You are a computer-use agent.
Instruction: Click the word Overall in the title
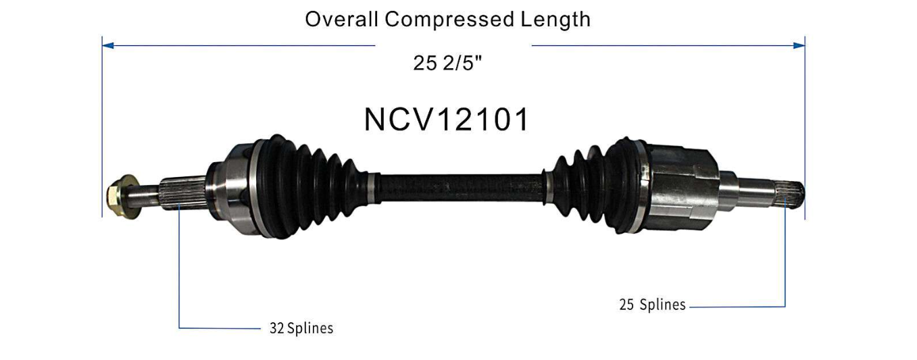[x=341, y=19]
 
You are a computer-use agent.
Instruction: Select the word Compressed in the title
[x=449, y=19]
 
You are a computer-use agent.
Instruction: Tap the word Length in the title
[x=555, y=19]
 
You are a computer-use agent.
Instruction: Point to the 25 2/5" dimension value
[x=448, y=63]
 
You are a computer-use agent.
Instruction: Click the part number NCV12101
[x=447, y=120]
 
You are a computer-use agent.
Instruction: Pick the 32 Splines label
[x=301, y=328]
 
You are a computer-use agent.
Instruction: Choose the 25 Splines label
[x=652, y=305]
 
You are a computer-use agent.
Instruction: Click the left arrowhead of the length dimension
[x=107, y=45]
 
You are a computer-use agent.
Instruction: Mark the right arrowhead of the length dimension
[x=799, y=45]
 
